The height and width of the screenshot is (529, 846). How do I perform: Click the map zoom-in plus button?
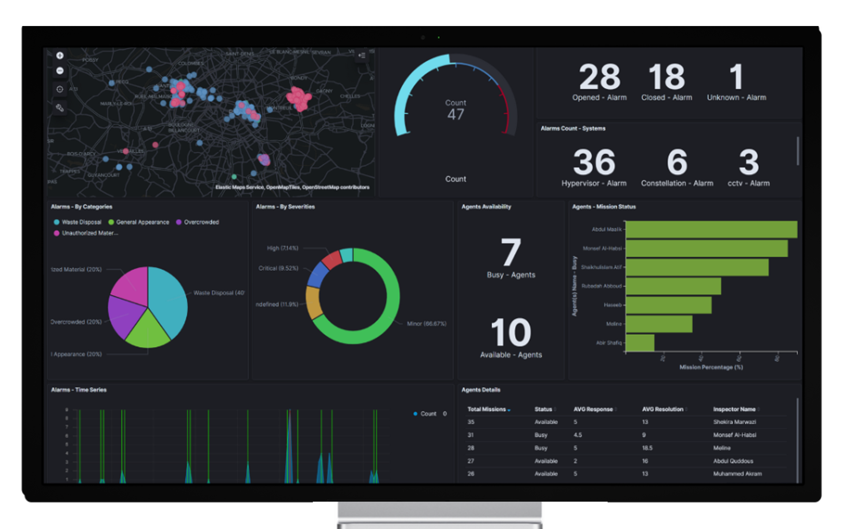(60, 56)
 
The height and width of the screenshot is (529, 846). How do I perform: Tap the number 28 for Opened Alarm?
(599, 77)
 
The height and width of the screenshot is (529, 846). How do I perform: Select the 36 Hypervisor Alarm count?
(594, 163)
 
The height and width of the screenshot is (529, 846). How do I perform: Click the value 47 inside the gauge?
(456, 115)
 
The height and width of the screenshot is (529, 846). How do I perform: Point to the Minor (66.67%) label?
(426, 324)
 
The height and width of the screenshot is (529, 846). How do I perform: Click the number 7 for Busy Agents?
(511, 253)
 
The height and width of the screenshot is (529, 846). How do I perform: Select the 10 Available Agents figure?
(511, 333)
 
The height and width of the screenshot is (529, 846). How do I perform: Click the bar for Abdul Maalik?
(711, 230)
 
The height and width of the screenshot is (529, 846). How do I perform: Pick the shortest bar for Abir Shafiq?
(640, 343)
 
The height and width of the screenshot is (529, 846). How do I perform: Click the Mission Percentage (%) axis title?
(711, 367)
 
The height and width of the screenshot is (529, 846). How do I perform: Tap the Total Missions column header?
(486, 410)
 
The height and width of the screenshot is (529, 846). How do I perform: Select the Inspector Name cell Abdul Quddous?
(733, 461)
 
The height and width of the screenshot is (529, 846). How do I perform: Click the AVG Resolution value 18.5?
(647, 448)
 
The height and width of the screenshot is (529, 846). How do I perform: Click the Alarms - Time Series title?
(78, 390)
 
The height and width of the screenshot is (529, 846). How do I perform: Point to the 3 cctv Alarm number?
(748, 163)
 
